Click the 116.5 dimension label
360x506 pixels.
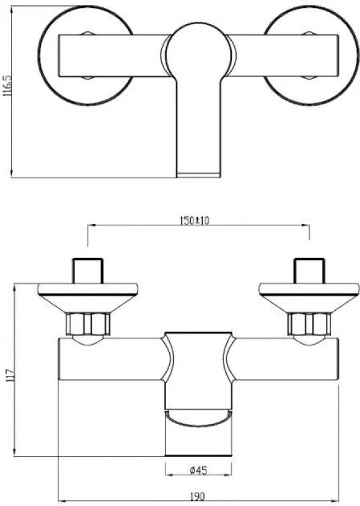pos(7,86)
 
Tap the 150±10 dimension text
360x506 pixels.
pos(194,220)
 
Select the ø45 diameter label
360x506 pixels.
pos(199,470)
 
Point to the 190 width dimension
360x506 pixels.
pos(197,496)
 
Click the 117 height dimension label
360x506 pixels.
pos(10,376)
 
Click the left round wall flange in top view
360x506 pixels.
pos(85,55)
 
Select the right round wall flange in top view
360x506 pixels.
pos(311,55)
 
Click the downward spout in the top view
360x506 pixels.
pos(199,129)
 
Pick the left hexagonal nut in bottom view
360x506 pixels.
pos(88,323)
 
